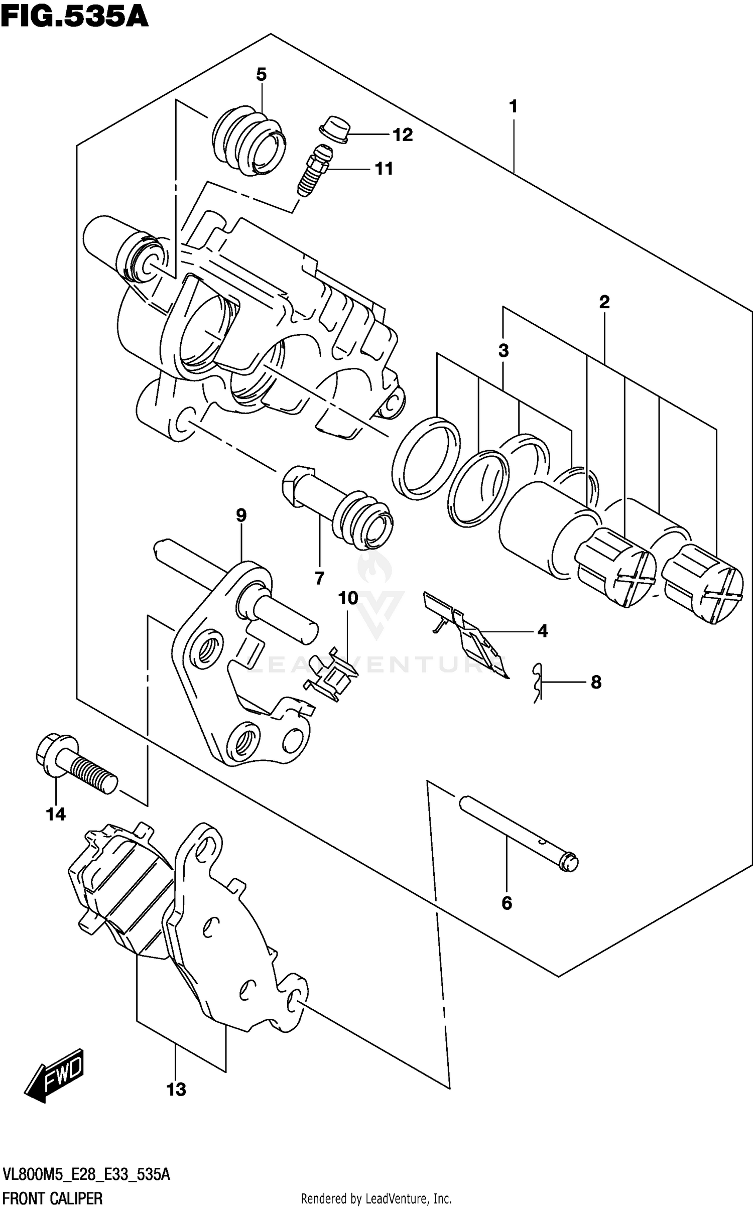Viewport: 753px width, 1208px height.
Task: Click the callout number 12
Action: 402,135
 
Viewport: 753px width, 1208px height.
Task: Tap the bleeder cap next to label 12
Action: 333,129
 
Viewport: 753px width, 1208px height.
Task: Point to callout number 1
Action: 513,106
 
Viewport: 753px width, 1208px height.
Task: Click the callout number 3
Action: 504,351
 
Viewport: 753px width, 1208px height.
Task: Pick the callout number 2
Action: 604,302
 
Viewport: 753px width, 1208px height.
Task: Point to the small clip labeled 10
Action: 331,674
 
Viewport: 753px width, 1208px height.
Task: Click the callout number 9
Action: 241,515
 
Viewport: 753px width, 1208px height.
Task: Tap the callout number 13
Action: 176,1090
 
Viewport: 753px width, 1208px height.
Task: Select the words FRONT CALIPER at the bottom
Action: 52,1198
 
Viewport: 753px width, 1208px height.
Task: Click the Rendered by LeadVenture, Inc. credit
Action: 376,1199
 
